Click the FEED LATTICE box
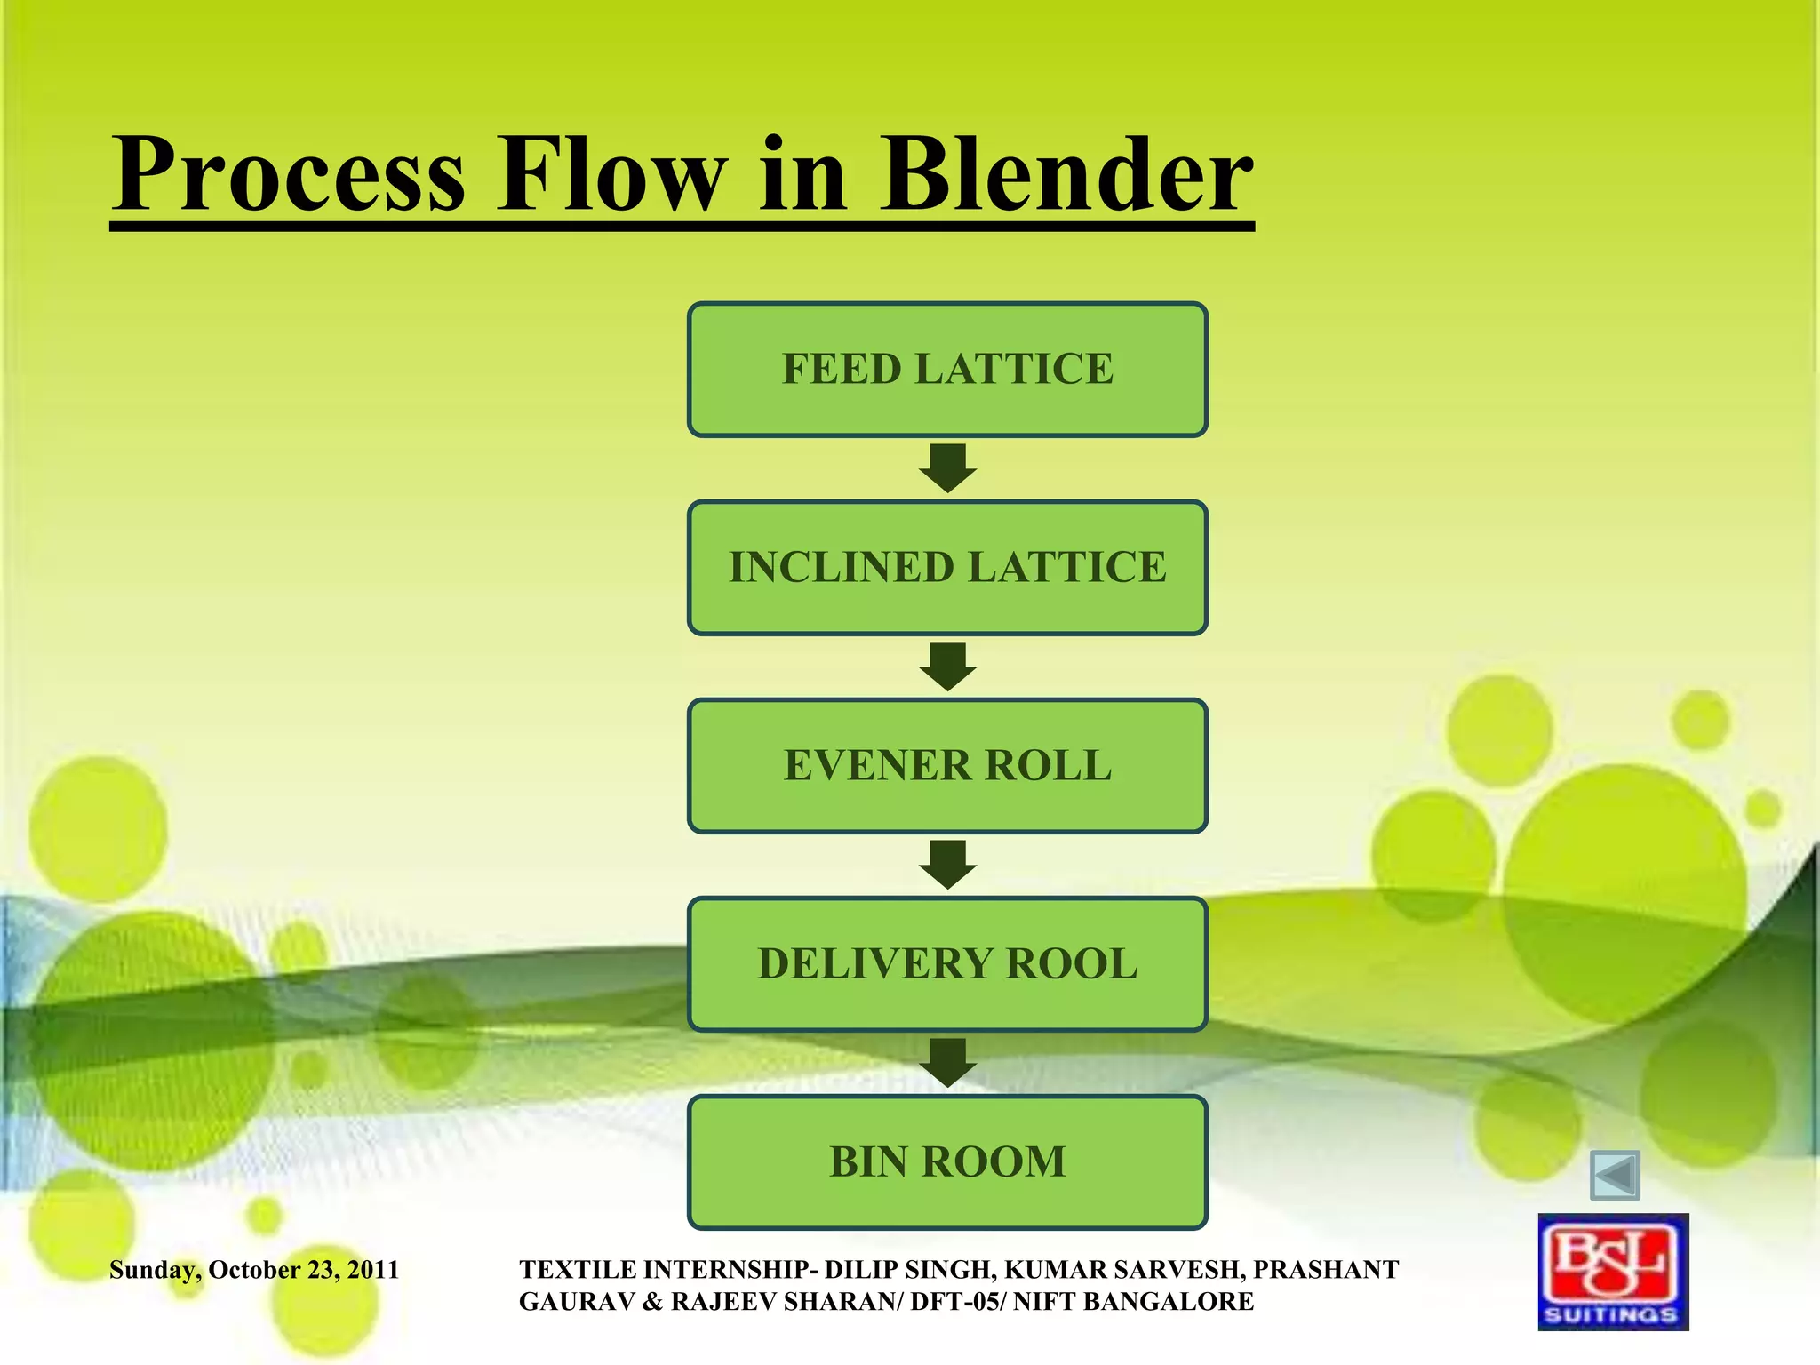(x=947, y=369)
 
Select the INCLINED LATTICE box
(x=947, y=567)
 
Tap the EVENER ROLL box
(x=947, y=765)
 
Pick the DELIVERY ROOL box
(x=947, y=963)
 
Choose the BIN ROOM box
(x=947, y=1161)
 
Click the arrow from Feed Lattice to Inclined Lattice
(x=947, y=468)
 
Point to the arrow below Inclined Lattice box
(x=947, y=667)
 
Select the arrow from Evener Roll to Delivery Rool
(x=947, y=865)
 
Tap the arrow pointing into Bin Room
(x=947, y=1063)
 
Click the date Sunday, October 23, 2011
(x=254, y=1270)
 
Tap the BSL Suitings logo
(x=1613, y=1272)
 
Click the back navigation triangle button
(x=1615, y=1176)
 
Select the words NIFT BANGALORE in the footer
(x=1133, y=1302)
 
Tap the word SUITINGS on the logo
(x=1612, y=1314)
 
